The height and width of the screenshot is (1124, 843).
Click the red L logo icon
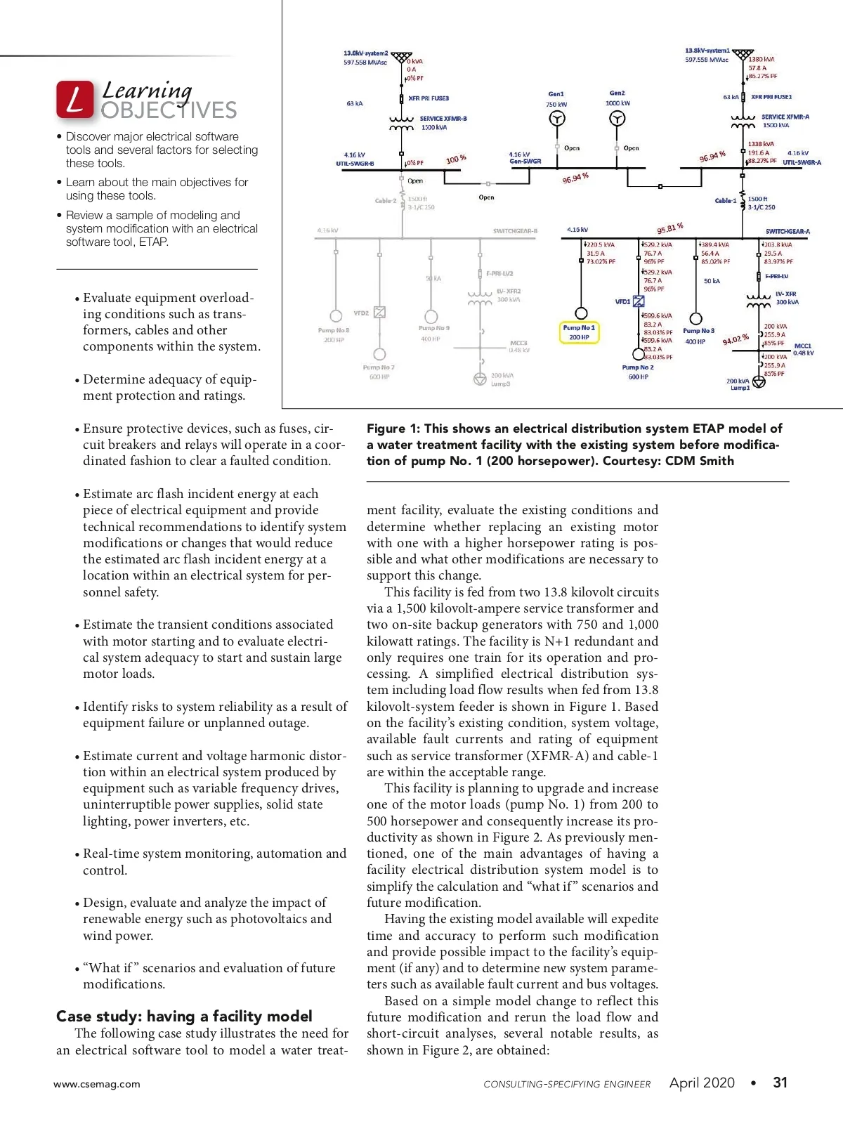74,99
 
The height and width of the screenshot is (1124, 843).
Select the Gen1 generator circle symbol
556,119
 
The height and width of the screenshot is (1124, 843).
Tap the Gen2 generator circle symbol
617,119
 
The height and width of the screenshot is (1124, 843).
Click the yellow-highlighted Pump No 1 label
579,332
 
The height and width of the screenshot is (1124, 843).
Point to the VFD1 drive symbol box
639,301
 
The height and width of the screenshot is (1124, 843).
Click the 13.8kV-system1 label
707,51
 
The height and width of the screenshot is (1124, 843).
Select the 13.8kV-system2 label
365,53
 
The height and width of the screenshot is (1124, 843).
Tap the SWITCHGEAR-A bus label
788,231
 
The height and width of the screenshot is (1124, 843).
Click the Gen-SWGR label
525,162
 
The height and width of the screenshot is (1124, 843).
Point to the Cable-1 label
725,201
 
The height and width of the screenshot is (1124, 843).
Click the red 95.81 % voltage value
670,228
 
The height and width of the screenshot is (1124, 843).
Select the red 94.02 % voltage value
736,340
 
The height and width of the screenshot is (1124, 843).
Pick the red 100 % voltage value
456,159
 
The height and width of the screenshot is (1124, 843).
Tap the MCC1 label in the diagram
802,346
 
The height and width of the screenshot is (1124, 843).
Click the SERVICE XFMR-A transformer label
785,117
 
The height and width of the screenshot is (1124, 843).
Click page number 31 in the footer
780,1083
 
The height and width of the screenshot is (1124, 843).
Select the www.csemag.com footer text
97,1084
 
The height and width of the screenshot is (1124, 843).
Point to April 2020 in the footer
702,1083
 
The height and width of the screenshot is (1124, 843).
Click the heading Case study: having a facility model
184,1016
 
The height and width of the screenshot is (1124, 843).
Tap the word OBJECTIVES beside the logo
169,110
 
